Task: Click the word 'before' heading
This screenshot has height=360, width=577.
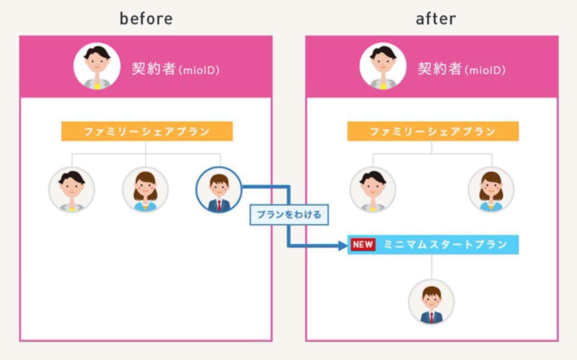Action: coord(146,19)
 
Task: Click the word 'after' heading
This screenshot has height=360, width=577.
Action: coord(435,19)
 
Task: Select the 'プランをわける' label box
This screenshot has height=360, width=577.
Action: coord(289,214)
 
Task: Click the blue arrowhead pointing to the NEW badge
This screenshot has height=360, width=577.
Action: coord(342,246)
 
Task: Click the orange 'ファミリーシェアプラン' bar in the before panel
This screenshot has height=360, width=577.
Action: coord(147,132)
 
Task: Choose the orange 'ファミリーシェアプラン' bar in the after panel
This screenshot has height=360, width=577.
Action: coord(433,132)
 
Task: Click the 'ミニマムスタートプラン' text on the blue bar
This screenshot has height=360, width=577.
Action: coord(445,245)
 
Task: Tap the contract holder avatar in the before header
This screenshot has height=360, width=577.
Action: coord(96,66)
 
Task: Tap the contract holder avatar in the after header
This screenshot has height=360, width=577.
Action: coord(383,66)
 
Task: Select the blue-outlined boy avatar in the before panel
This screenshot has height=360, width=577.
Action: coord(219,190)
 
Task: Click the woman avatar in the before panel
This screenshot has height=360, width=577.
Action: coord(145,190)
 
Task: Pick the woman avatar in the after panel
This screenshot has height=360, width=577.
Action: coord(491,190)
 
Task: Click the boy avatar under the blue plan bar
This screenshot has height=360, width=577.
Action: coord(431,302)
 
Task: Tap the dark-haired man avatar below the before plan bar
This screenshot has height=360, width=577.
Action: coord(72,190)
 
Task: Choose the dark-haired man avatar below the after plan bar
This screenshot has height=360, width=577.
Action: coord(373,190)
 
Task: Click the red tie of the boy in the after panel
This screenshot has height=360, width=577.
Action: coord(431,317)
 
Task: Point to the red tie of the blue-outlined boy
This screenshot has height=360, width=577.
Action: coord(219,205)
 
